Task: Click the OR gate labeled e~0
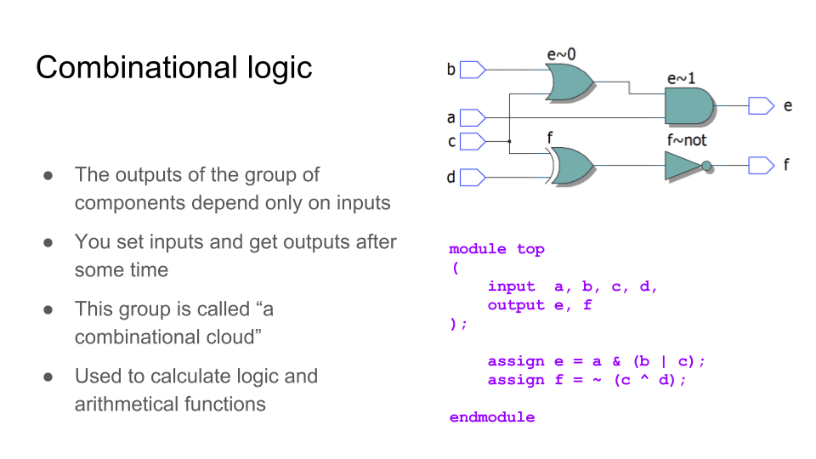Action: [x=569, y=82]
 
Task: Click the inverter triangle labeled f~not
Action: [x=683, y=166]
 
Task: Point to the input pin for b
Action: [x=473, y=70]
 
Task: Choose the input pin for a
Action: [x=473, y=117]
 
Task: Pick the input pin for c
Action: [x=473, y=142]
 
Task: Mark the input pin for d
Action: [x=473, y=178]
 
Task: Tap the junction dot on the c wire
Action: [x=509, y=142]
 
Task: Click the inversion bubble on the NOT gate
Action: [x=706, y=166]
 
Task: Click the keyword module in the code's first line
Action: [x=477, y=249]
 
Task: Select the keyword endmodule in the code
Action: [x=492, y=417]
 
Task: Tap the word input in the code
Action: [x=511, y=286]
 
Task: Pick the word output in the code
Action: [x=516, y=305]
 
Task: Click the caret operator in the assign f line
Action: [x=645, y=377]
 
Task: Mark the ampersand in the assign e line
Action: [x=617, y=361]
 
